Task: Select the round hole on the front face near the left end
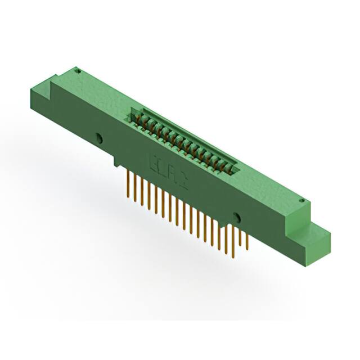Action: point(99,138)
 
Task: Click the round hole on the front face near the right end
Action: point(236,218)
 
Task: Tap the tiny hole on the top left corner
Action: point(78,71)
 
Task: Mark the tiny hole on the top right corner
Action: point(301,200)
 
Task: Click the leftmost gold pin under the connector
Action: point(128,186)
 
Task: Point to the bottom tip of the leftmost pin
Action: point(128,199)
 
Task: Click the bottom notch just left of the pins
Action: point(117,163)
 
